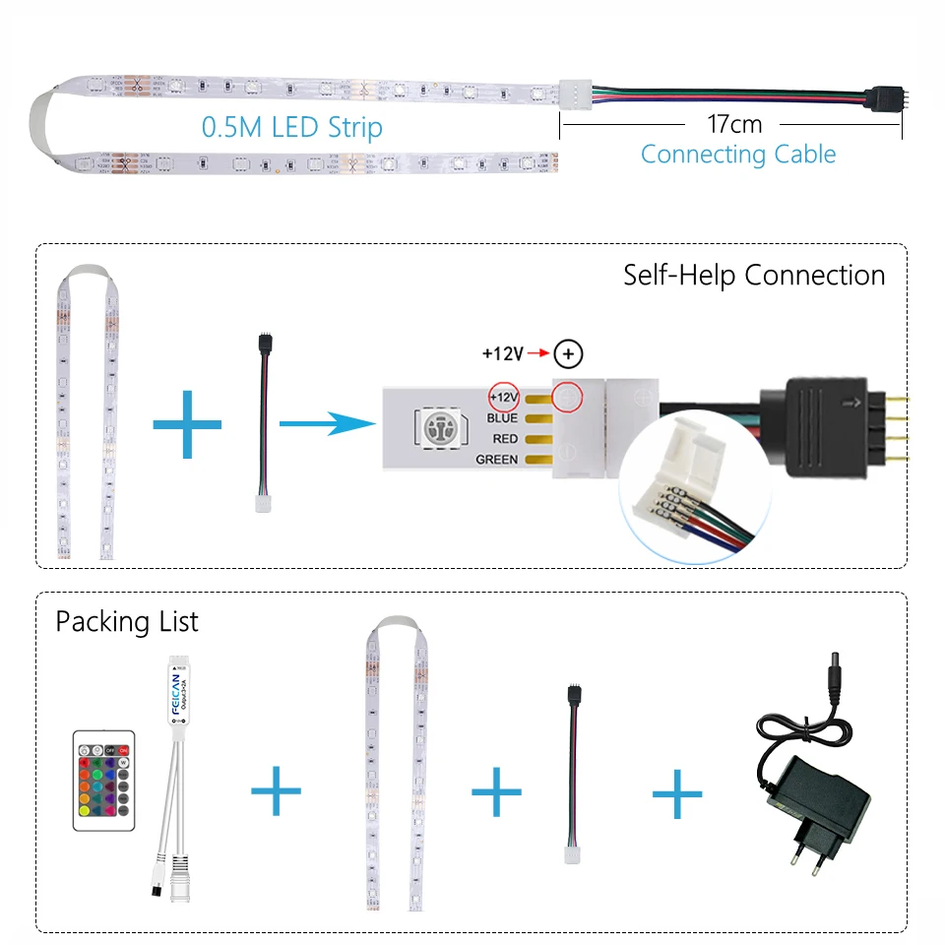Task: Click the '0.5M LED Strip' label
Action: coord(292,127)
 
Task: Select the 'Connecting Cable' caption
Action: coord(737,155)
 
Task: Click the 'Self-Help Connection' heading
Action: coord(754,275)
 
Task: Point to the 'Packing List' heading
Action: coord(126,622)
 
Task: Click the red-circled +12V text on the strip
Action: coord(502,396)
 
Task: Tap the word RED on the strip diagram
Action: coord(504,438)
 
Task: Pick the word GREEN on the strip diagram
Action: coord(496,459)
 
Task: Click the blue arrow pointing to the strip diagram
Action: coord(327,424)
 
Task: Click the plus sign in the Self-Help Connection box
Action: coord(187,424)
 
